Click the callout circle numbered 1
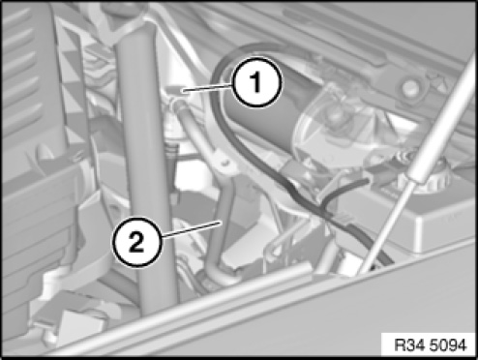point(257,82)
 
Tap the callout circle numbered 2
point(136,242)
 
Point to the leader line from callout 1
point(207,88)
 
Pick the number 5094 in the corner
point(447,345)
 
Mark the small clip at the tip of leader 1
point(176,90)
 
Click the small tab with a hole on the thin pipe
point(225,163)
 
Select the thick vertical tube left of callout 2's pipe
point(147,167)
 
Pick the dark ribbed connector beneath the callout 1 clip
point(172,155)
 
